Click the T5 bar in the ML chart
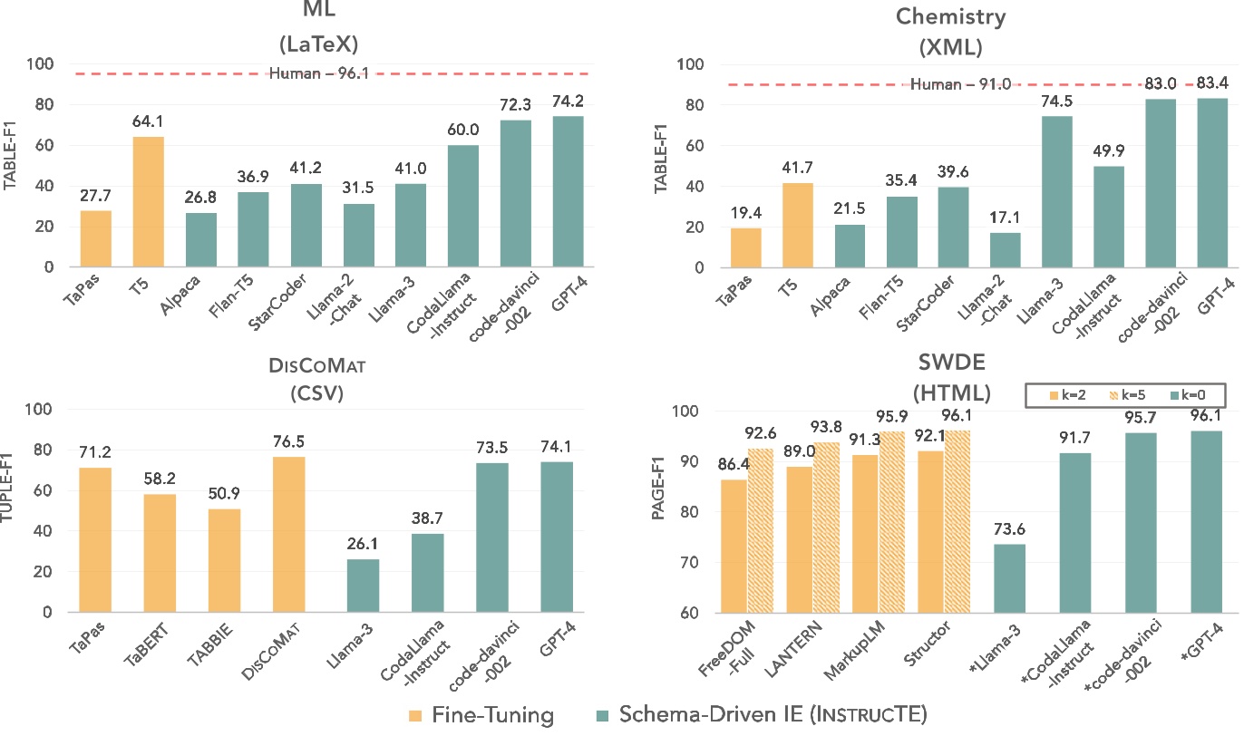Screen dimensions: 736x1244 150,202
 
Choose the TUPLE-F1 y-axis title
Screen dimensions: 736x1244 12,510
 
